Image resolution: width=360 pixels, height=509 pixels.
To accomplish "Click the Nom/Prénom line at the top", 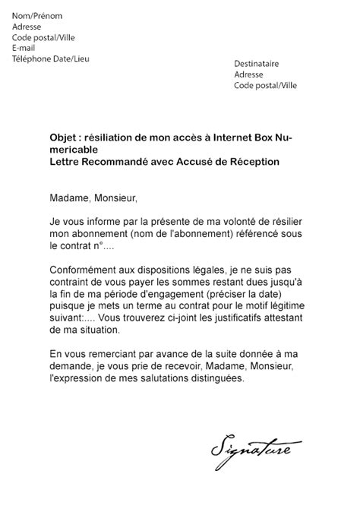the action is click(38, 15).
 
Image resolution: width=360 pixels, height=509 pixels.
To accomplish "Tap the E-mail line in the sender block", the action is click(24, 48).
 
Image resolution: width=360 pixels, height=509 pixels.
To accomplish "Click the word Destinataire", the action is click(257, 65).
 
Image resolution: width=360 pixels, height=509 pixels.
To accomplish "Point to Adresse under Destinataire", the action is click(248, 75).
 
